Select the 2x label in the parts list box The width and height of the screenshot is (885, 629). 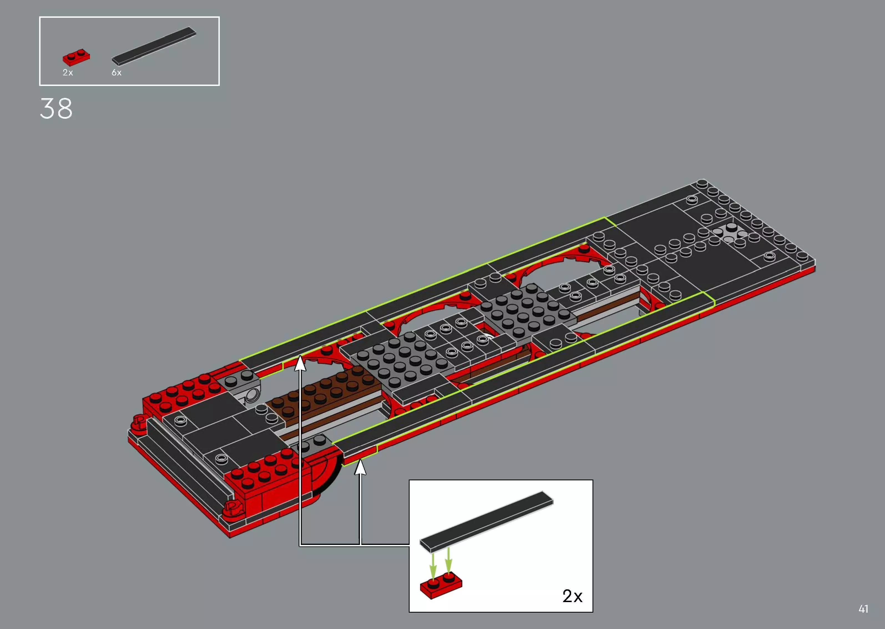pos(68,72)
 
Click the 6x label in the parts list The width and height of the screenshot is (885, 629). pos(117,72)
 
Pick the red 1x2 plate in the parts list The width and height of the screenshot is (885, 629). pos(77,57)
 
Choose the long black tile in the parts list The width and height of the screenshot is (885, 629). pos(154,46)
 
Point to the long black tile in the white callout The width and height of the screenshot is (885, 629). pos(486,521)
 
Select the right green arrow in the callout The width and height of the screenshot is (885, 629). pos(448,562)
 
